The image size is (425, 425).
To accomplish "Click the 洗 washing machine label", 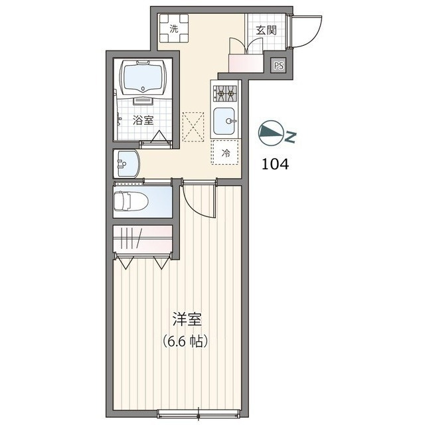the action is point(174,29).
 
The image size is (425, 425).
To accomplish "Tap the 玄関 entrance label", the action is point(266,31).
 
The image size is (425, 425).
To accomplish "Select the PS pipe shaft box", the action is point(279,66).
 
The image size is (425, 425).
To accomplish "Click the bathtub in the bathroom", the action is point(143,77).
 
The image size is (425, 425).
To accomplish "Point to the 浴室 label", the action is point(143,120).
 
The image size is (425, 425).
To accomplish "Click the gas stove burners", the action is point(225,94).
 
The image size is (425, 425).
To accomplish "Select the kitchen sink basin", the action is point(224,121).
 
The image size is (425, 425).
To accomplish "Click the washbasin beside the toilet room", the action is point(126,164).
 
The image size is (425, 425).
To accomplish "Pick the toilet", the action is point(131,201).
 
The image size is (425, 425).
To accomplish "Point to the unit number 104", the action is point(275,164).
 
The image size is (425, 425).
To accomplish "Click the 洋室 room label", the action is point(187,319).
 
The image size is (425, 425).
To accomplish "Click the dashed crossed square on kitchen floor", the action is point(193,127).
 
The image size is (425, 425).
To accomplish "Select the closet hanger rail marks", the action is point(131,238).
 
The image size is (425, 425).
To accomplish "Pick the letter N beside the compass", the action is point(292,137).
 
